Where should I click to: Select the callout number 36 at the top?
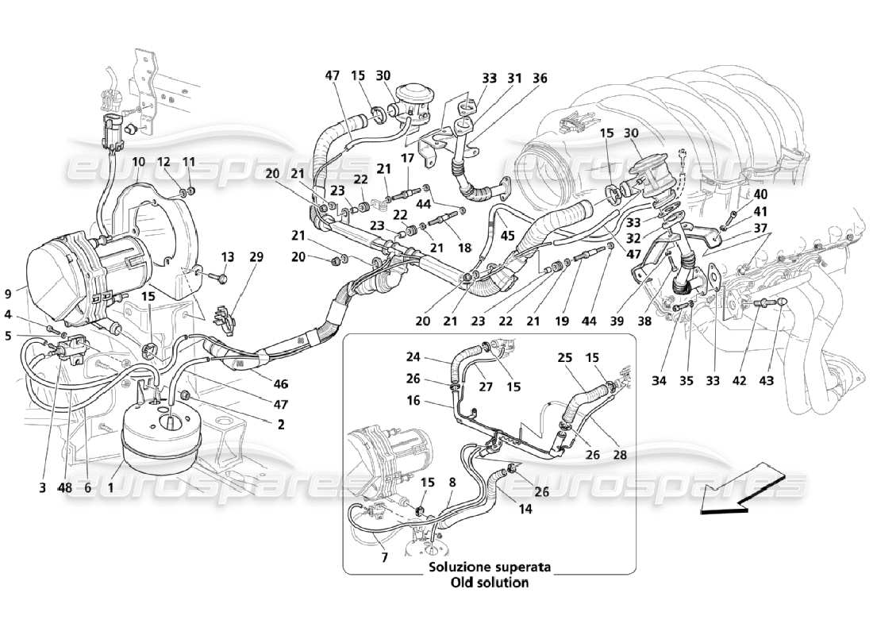[x=540, y=78]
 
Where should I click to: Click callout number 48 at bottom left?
[x=66, y=489]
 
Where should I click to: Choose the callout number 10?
[x=138, y=162]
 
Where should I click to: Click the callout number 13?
[x=228, y=256]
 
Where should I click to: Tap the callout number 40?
[x=739, y=194]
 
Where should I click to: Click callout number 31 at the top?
[x=514, y=78]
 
